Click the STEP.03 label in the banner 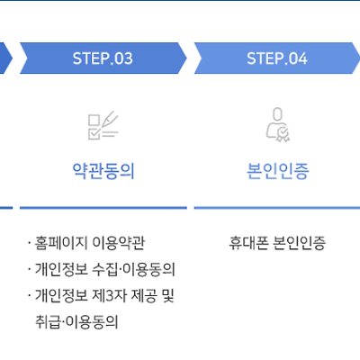[103, 58]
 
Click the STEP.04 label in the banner [277, 58]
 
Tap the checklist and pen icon [103, 125]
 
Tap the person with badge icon [278, 125]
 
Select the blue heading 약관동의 [103, 171]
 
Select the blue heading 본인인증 [277, 171]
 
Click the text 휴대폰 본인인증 [277, 243]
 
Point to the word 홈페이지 [61, 243]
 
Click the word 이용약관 [119, 243]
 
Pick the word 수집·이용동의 [133, 269]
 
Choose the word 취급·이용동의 [76, 322]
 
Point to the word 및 [168, 296]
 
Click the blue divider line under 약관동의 [103, 208]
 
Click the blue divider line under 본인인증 [277, 208]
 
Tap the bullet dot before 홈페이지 [29, 242]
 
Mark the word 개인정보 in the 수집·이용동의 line [61, 269]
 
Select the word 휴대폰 [248, 243]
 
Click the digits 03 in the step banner [123, 58]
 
